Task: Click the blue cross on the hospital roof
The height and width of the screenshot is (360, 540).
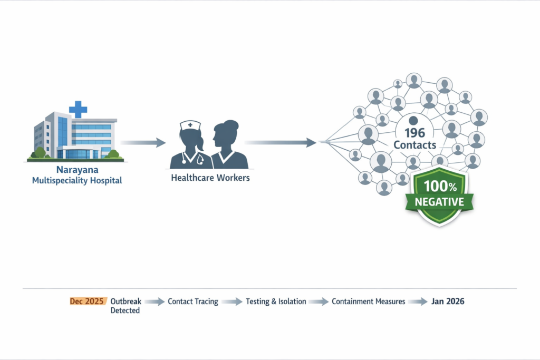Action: tap(78, 109)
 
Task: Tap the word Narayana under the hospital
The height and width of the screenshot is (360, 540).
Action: tap(76, 170)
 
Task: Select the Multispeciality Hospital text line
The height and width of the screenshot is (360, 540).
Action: tap(76, 180)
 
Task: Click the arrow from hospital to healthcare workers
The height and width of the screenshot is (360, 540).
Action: tap(143, 142)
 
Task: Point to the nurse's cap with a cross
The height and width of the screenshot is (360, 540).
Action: tap(190, 125)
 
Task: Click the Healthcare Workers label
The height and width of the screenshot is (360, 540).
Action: tap(210, 178)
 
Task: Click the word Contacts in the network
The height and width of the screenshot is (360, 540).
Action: tap(414, 144)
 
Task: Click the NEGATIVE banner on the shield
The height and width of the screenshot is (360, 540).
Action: tap(439, 202)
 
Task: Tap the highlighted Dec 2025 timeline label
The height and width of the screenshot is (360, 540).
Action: tap(87, 301)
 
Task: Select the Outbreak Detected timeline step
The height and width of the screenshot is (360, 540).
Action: tap(125, 306)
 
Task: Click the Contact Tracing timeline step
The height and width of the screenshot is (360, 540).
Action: tap(192, 301)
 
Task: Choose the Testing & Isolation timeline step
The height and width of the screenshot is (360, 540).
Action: tap(276, 301)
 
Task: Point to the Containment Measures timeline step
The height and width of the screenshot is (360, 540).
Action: tap(368, 301)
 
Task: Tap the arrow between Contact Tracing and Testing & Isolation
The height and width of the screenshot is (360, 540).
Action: tap(232, 302)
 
